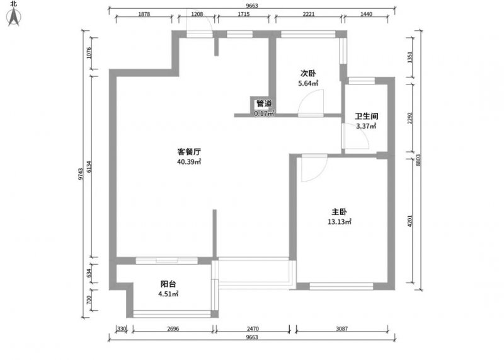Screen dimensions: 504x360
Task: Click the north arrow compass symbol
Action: coord(14,16)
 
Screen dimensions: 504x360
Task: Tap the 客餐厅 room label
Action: coord(190,152)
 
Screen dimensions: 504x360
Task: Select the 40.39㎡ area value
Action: coord(189,162)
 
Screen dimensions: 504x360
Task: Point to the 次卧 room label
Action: coord(308,73)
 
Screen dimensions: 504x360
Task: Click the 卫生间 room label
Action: coord(366,116)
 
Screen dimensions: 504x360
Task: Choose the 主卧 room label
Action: coord(339,212)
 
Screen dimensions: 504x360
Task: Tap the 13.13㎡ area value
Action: coord(340,222)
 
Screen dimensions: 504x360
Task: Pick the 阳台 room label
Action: coord(168,284)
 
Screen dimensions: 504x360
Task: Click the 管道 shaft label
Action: coord(264,103)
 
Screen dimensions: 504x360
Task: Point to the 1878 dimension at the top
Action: coord(144,14)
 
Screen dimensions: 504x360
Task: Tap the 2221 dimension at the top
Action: coord(309,14)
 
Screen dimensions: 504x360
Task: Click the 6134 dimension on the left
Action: coord(89,166)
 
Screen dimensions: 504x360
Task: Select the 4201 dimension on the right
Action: coord(409,221)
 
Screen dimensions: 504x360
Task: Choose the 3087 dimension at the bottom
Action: coord(341,329)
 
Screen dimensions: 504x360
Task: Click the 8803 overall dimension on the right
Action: coord(418,160)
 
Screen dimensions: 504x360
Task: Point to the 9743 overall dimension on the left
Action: coord(81,174)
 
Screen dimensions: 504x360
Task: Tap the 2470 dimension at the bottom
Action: coord(253,329)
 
